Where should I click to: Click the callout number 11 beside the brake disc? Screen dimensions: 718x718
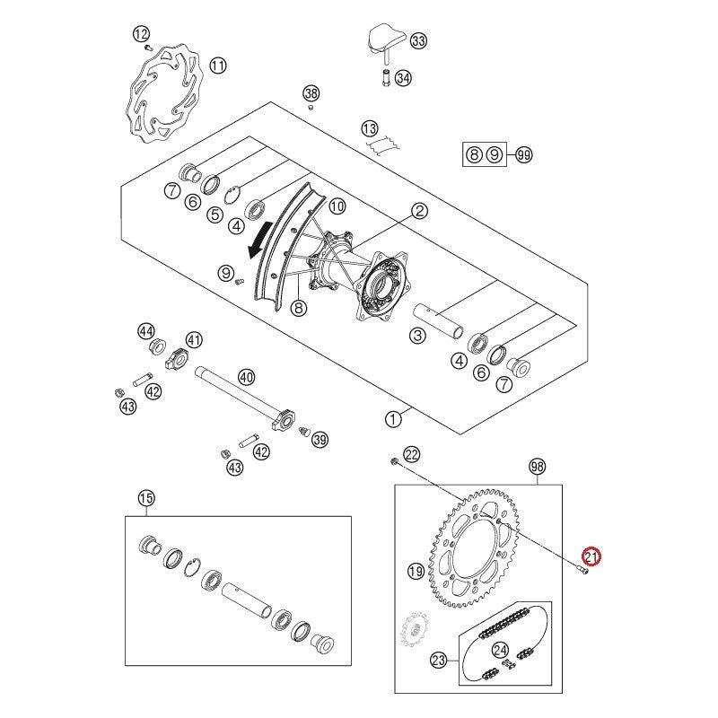(x=218, y=65)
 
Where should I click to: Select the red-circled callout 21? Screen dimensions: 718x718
(x=591, y=557)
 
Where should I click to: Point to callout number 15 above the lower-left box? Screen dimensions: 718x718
(x=146, y=498)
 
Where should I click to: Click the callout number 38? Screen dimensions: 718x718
(x=311, y=93)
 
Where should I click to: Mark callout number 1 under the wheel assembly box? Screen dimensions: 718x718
(x=392, y=418)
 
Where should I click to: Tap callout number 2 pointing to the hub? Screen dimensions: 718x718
(x=419, y=211)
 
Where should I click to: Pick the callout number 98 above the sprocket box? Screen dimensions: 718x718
(x=538, y=467)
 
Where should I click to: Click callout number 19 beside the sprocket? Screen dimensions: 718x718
(x=416, y=571)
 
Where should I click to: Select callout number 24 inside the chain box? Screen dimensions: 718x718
(x=501, y=651)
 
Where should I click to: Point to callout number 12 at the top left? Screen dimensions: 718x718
(x=141, y=34)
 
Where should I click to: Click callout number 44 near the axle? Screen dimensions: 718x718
(x=145, y=331)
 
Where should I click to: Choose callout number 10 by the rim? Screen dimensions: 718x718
(x=337, y=206)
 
